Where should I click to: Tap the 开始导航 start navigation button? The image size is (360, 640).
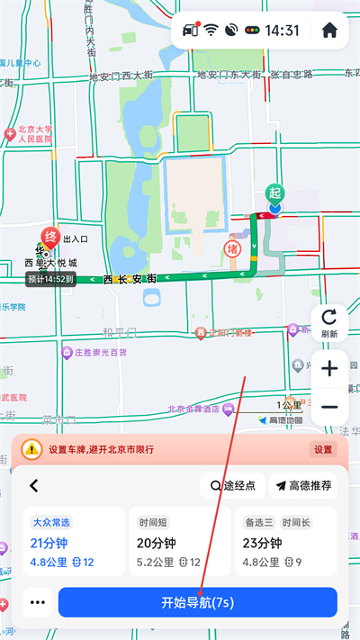(197, 602)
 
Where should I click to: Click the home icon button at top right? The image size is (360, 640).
(328, 30)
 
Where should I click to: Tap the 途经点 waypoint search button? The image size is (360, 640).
(233, 486)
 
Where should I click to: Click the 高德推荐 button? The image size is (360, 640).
(303, 486)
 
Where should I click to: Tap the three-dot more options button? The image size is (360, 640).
(37, 602)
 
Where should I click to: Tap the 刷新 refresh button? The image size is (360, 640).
(328, 322)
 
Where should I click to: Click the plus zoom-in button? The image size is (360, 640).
(328, 368)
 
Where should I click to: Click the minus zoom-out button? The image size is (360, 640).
(328, 407)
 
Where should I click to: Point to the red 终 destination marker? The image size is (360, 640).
(52, 239)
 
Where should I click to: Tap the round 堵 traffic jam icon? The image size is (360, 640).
(232, 248)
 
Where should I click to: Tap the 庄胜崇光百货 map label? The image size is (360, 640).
(94, 353)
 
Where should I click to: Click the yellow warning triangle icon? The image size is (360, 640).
(31, 448)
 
